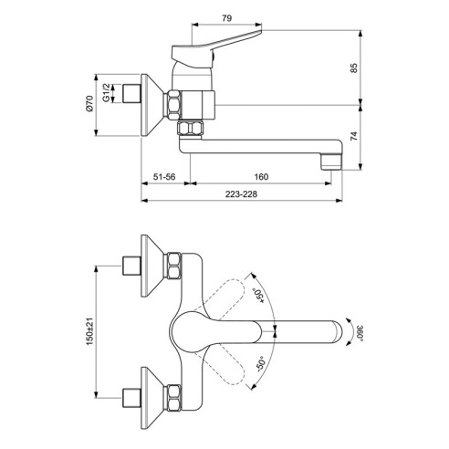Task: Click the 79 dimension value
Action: (x=226, y=18)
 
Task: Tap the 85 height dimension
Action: (x=354, y=68)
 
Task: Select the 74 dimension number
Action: (x=354, y=136)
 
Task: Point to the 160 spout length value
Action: (x=261, y=177)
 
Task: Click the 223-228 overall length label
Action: (x=241, y=194)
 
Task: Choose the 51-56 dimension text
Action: (x=164, y=177)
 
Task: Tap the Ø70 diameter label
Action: (x=89, y=104)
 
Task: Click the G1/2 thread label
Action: (x=106, y=92)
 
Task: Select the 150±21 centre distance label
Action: (x=89, y=331)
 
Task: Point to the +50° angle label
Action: (x=259, y=296)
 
